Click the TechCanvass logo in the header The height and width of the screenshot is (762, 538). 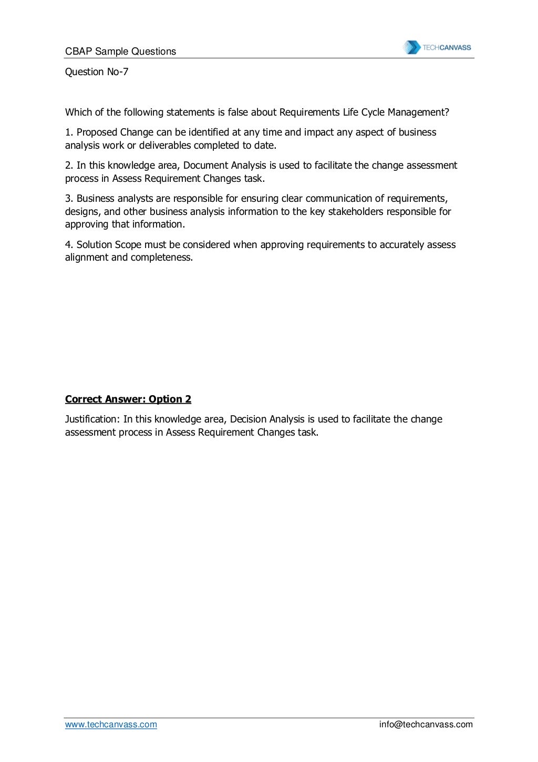(437, 47)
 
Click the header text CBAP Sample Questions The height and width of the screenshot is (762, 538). (120, 52)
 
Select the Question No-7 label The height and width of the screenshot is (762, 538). (97, 72)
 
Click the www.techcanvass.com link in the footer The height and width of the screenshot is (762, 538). (111, 725)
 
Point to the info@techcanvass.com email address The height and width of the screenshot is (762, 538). (426, 725)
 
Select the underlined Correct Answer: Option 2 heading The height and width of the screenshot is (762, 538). (128, 399)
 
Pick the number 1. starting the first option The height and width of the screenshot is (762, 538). (69, 132)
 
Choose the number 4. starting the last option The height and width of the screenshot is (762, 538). (69, 245)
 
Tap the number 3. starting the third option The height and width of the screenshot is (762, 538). (69, 199)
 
